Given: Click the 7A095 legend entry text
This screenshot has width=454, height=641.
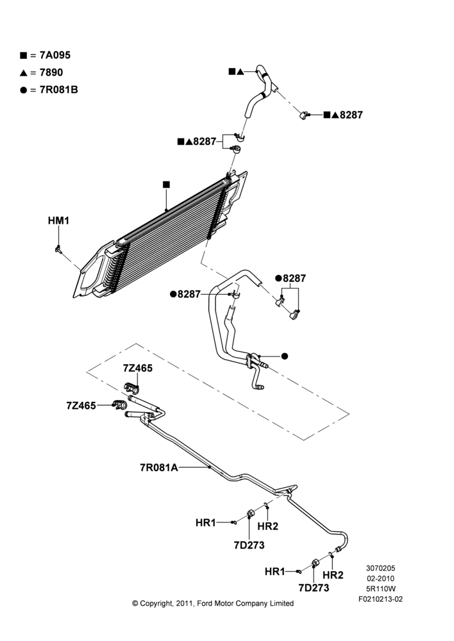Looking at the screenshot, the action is [x=55, y=55].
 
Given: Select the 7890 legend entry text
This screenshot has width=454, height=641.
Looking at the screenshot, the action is [x=51, y=72].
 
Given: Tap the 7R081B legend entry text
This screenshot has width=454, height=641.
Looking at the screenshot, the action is [x=58, y=90].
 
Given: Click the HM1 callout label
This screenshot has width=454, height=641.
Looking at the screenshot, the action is [x=58, y=221].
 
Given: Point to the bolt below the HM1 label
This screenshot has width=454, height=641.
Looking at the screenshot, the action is [x=58, y=249].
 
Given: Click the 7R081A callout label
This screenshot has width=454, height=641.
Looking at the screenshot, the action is [x=158, y=467].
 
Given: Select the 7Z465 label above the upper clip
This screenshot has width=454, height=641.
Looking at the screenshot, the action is [x=137, y=369].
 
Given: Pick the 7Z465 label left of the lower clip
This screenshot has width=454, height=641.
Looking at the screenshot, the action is [x=81, y=406].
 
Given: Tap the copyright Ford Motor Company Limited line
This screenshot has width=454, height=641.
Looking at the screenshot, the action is [x=213, y=603].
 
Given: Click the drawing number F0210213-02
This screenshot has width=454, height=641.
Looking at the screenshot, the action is [x=380, y=599].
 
